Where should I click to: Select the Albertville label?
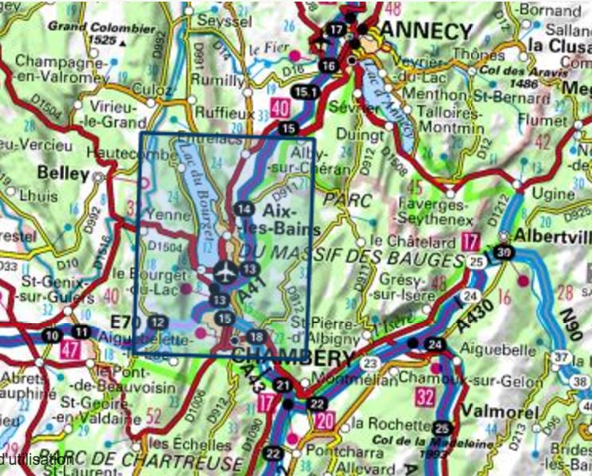tap(554, 236)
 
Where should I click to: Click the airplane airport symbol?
tap(225, 272)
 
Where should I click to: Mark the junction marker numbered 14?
tap(244, 209)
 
